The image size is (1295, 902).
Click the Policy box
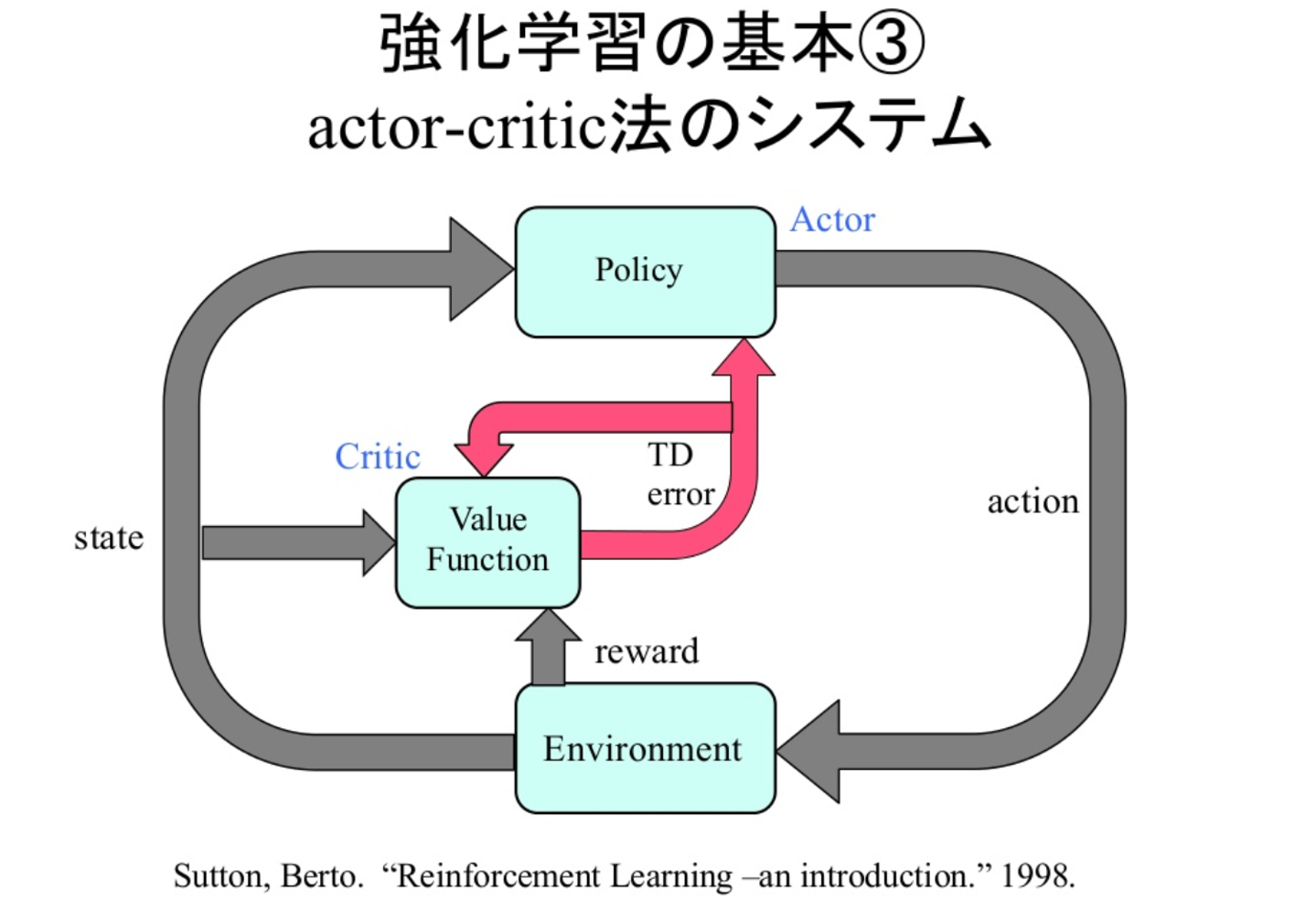(x=645, y=272)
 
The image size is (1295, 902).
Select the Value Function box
(x=487, y=542)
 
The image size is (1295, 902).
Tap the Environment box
(x=645, y=748)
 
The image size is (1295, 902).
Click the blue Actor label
(x=832, y=220)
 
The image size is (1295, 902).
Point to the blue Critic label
(x=378, y=456)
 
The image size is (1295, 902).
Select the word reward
(x=646, y=651)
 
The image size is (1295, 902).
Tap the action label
(x=1033, y=501)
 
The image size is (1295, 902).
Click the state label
(x=109, y=538)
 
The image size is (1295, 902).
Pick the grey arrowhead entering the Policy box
(x=477, y=269)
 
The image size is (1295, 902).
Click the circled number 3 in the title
(x=892, y=44)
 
